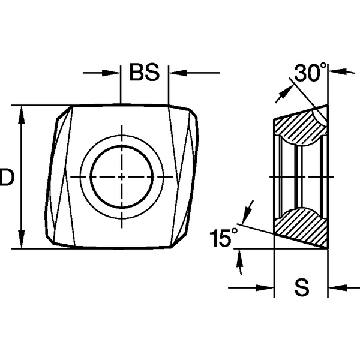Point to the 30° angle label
310,73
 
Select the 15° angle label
223,239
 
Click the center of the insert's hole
122,176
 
